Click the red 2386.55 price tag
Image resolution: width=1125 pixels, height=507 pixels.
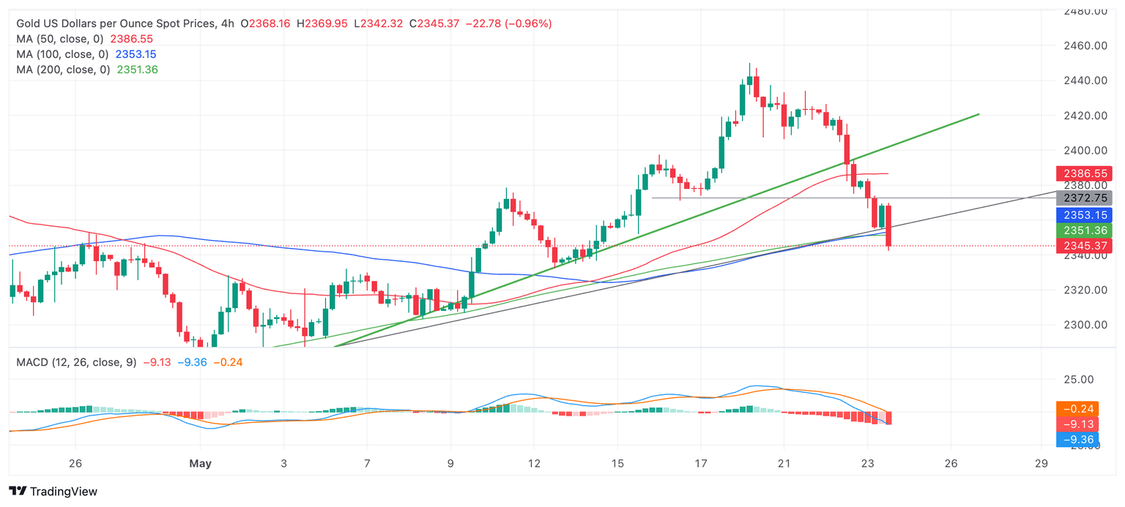click(x=1083, y=173)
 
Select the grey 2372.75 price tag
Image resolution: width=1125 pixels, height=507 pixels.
click(x=1083, y=198)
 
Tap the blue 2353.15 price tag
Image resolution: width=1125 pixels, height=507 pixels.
click(x=1083, y=214)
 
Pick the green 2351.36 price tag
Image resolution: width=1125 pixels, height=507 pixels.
click(x=1083, y=230)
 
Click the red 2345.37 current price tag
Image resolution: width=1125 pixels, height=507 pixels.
click(x=1083, y=246)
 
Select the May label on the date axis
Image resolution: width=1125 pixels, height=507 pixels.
click(x=200, y=463)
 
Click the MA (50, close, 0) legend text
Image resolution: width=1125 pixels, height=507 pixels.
click(x=61, y=39)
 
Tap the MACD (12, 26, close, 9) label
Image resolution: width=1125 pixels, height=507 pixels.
click(x=76, y=362)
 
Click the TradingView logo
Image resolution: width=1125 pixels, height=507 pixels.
click(x=53, y=492)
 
